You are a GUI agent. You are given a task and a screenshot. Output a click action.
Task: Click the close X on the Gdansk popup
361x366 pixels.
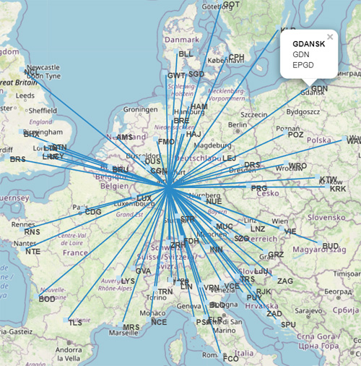[x=330, y=36]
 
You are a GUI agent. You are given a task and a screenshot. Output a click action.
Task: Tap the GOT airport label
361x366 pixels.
[x=231, y=4]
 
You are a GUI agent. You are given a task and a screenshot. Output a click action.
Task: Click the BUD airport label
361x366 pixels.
[x=331, y=247]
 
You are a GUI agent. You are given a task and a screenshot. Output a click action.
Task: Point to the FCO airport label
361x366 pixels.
[x=230, y=358]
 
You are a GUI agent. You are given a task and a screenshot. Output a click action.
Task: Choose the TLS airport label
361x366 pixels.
[x=76, y=323]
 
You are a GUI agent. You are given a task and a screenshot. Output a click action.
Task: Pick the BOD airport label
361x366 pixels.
[x=47, y=299]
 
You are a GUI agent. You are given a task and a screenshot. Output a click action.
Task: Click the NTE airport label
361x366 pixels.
[x=32, y=252]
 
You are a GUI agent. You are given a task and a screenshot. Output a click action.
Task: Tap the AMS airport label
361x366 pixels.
[x=125, y=137]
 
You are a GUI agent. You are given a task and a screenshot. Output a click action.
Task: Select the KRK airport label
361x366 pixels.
[x=338, y=189]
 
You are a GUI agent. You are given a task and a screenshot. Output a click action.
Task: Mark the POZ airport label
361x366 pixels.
[x=296, y=135]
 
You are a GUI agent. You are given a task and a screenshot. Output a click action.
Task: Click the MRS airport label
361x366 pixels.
[x=131, y=328]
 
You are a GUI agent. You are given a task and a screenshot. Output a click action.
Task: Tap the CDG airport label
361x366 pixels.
[x=93, y=212]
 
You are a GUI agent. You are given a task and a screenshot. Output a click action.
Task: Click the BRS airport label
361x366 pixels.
[x=17, y=158]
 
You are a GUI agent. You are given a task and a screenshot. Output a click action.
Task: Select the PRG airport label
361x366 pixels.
[x=259, y=188]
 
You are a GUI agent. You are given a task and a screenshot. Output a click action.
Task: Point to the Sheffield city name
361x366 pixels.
[x=43, y=111]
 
